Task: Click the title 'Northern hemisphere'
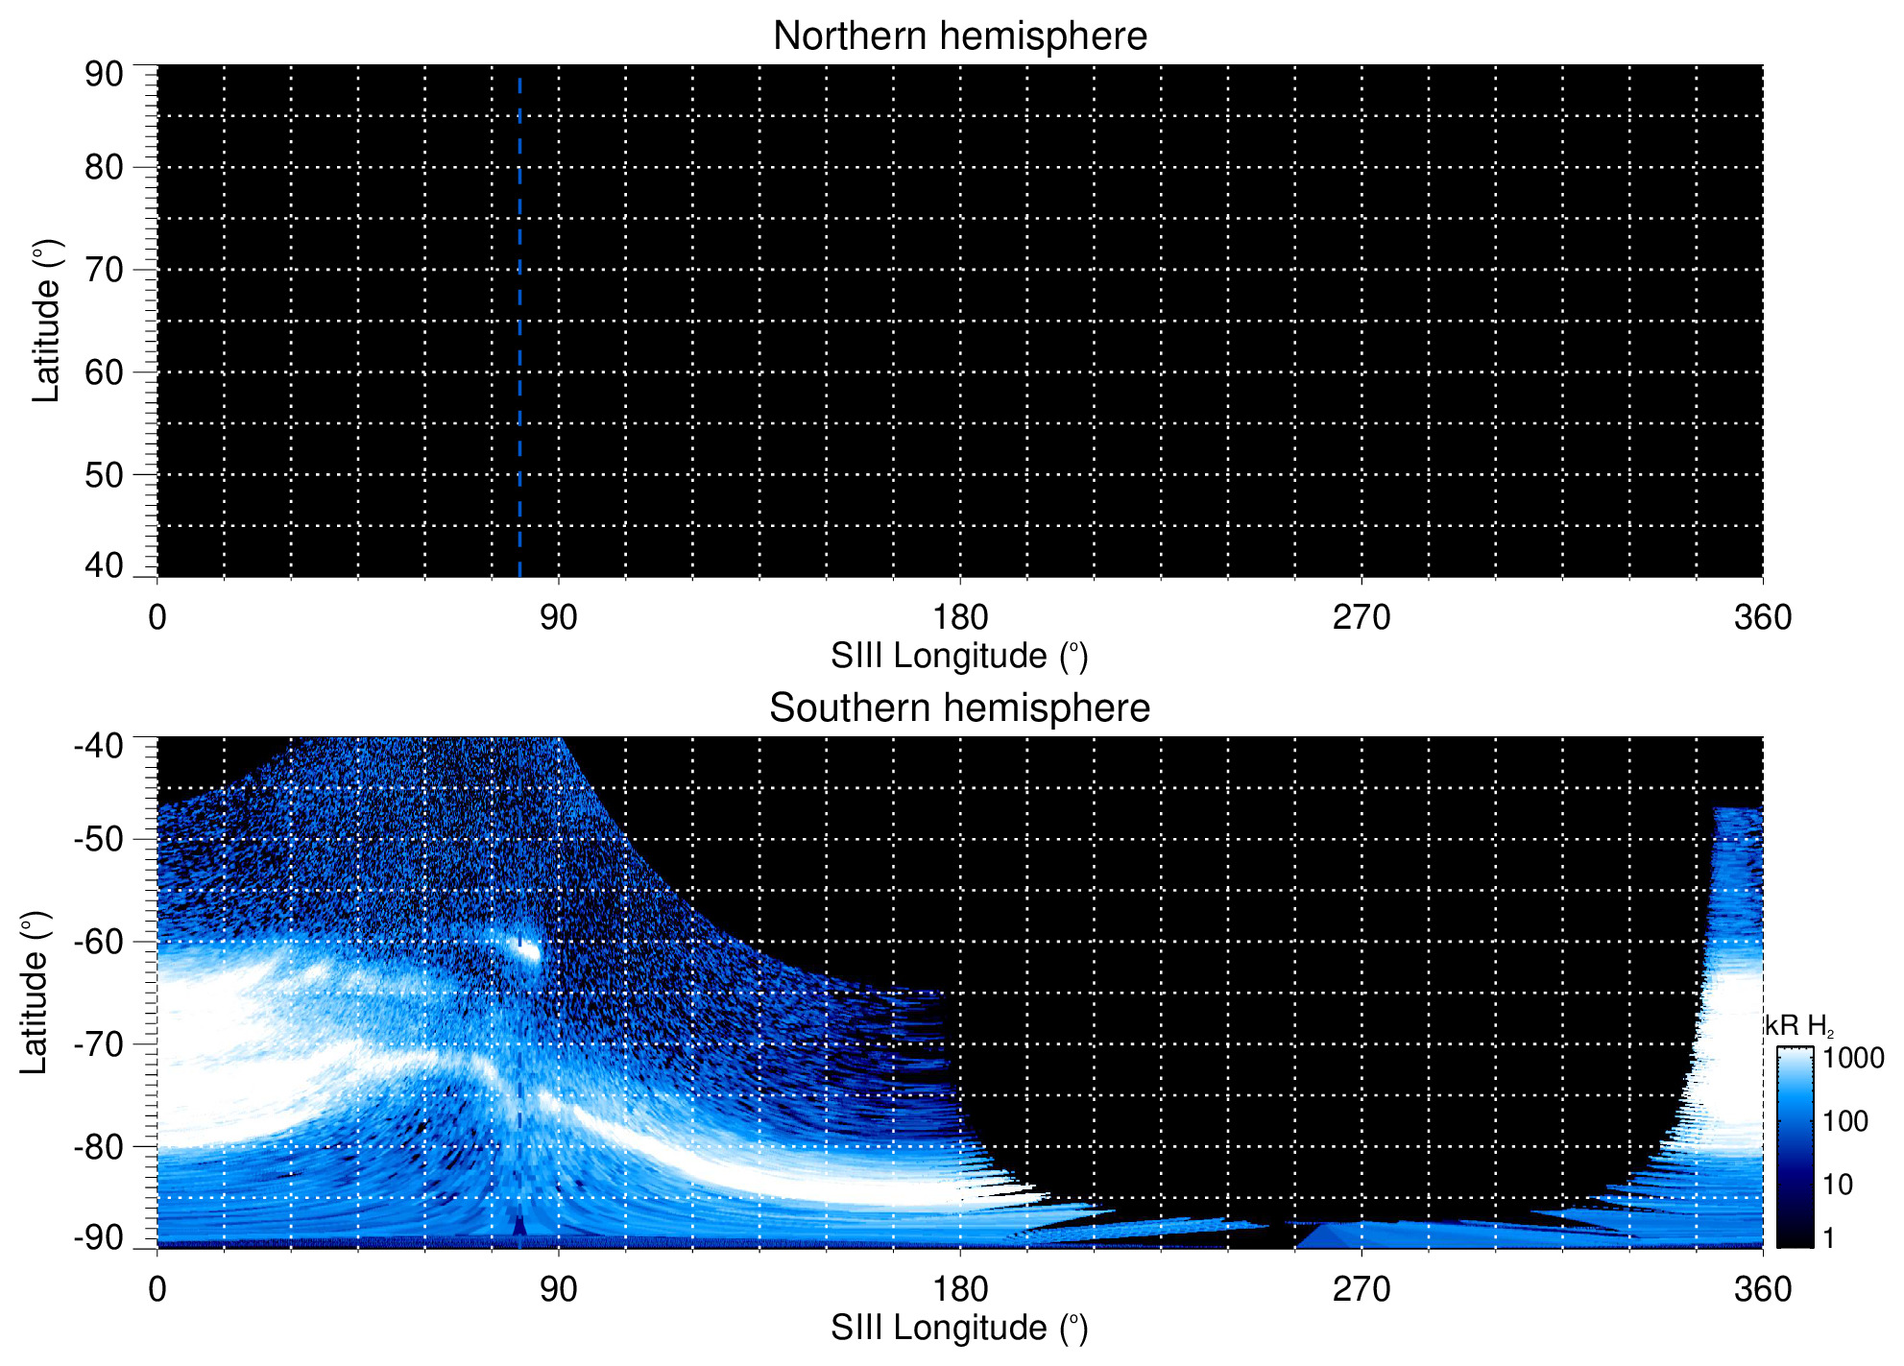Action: pyautogui.click(x=959, y=36)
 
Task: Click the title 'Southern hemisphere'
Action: pyautogui.click(x=959, y=708)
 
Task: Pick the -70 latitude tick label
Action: pyautogui.click(x=98, y=1043)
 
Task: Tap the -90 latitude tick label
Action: pyautogui.click(x=98, y=1237)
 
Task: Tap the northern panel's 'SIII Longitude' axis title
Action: pyautogui.click(x=959, y=657)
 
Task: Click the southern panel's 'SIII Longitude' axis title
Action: pyautogui.click(x=959, y=1329)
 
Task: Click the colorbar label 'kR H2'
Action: pyautogui.click(x=1798, y=1026)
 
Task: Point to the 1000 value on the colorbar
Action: pyautogui.click(x=1853, y=1058)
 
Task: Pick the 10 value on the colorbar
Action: pyautogui.click(x=1838, y=1185)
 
